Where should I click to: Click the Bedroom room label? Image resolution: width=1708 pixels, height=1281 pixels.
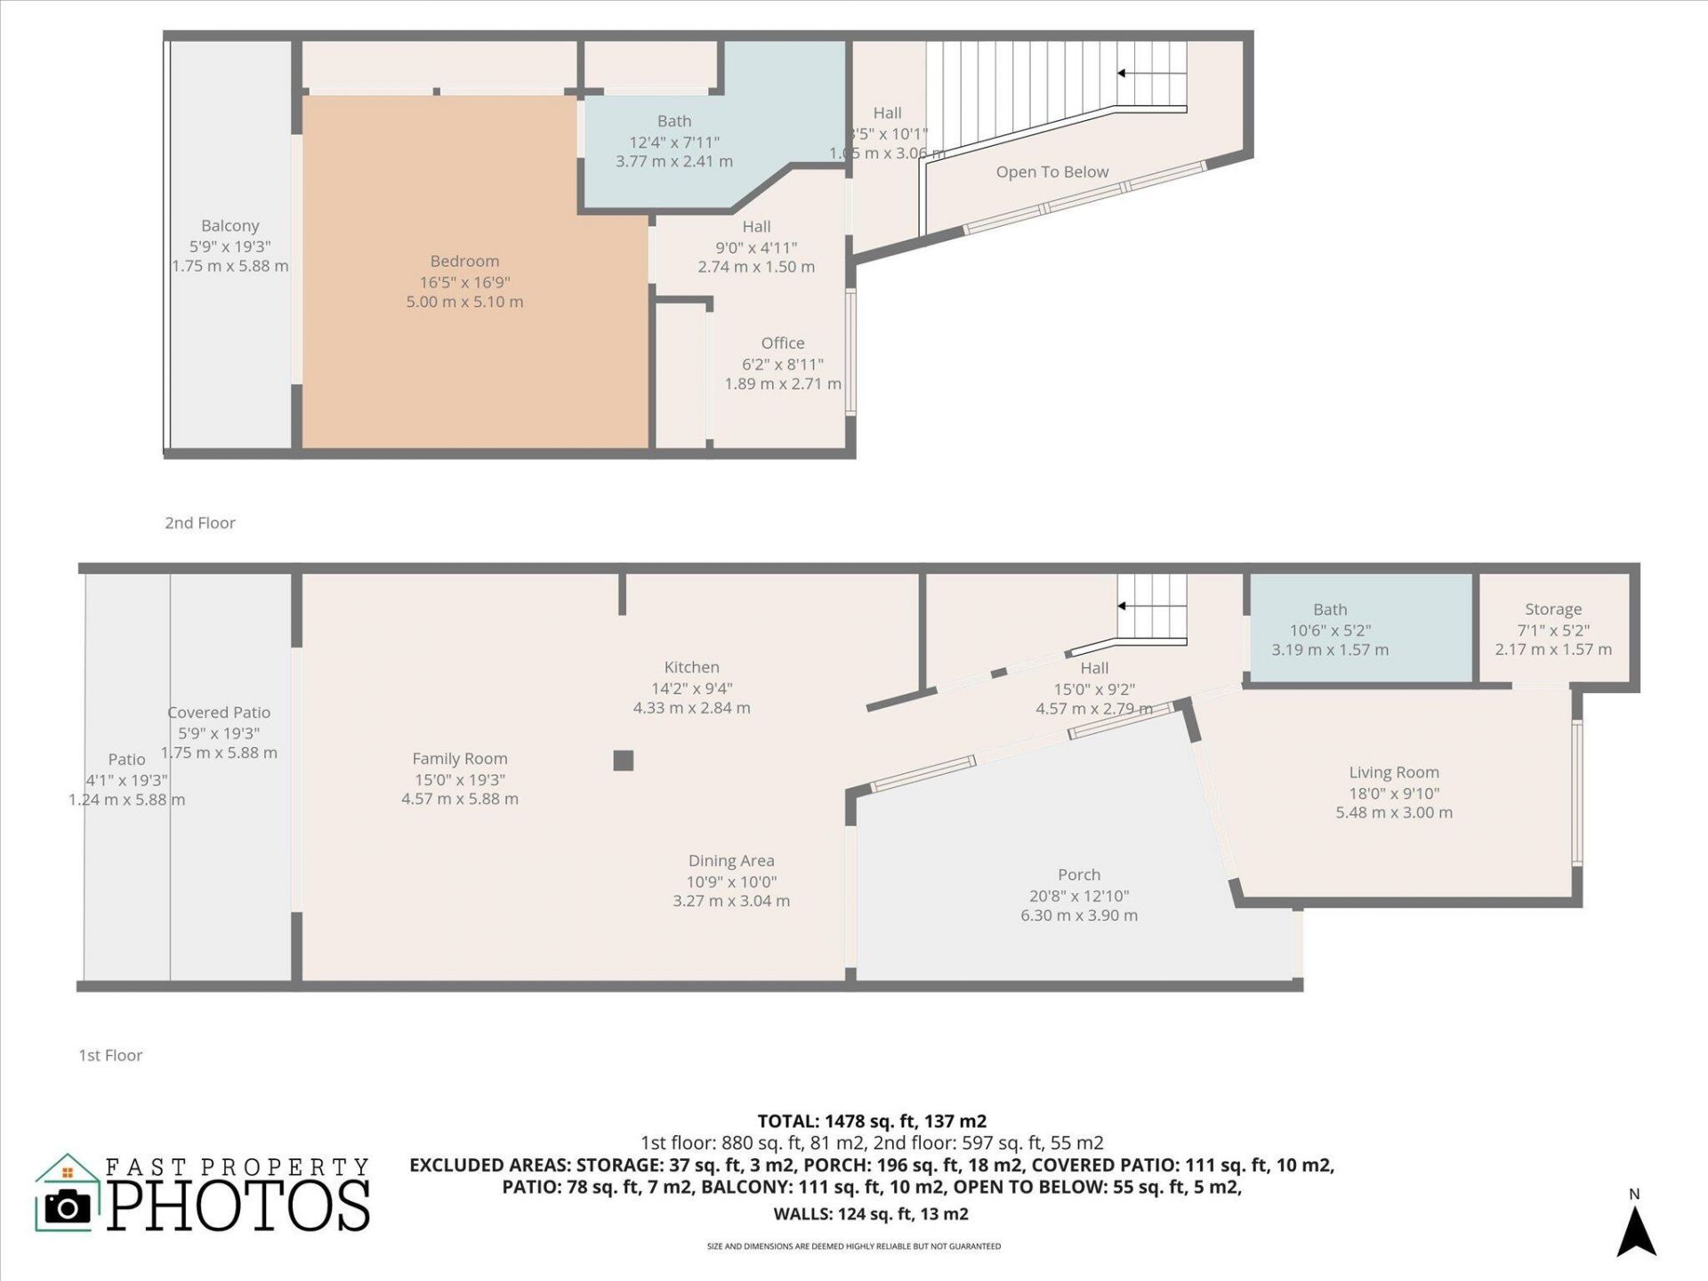(464, 261)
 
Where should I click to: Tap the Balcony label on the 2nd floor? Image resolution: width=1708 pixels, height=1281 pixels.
(230, 226)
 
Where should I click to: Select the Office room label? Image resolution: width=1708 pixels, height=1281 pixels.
(782, 343)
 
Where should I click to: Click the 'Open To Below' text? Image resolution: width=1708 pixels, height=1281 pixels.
(1051, 172)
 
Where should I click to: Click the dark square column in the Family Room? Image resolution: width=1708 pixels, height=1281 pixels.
(623, 760)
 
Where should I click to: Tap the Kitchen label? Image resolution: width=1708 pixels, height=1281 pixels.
(691, 667)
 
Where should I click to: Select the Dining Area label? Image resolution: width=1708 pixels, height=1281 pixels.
(730, 860)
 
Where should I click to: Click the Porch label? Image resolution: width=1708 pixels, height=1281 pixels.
(1078, 874)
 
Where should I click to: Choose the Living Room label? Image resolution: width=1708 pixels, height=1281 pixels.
(1393, 772)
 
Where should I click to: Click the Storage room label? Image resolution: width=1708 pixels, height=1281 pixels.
(1552, 609)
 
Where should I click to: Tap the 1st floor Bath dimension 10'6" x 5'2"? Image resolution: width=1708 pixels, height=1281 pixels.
(1329, 630)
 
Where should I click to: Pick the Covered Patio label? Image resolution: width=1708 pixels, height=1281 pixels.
(219, 713)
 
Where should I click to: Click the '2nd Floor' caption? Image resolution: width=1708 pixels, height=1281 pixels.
(199, 523)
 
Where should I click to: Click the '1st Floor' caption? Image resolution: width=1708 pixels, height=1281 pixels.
(110, 1055)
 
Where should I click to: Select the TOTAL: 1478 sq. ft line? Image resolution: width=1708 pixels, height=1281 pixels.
(871, 1121)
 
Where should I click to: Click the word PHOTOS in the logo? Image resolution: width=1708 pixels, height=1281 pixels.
(238, 1205)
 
